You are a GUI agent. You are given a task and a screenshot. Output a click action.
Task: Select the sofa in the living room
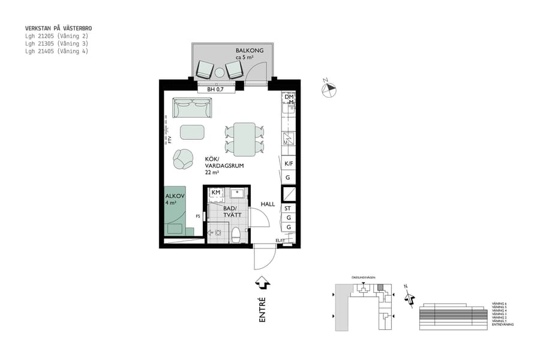point(192,108)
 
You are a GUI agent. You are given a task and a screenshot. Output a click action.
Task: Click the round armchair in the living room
point(183,159)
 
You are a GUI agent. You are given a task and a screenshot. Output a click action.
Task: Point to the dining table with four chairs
point(244,139)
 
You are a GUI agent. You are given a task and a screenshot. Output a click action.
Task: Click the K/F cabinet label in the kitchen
point(289,164)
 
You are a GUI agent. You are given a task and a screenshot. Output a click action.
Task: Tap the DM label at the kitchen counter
point(289,97)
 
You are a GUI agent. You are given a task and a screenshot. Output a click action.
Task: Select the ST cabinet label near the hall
point(288,208)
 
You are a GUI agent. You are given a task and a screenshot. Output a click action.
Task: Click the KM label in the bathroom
point(215,193)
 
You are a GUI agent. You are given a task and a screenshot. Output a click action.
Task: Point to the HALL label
point(267,204)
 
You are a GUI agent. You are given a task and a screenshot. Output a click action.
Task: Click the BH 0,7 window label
point(215,89)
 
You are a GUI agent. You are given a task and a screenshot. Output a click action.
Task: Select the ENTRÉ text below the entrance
point(262,311)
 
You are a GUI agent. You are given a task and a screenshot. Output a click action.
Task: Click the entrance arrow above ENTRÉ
point(262,283)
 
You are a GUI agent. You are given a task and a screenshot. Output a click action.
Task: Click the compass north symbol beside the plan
point(329,89)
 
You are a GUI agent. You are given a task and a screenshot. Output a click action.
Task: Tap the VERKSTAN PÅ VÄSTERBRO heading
point(58,28)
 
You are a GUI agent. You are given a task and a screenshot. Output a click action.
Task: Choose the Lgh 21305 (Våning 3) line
point(56,44)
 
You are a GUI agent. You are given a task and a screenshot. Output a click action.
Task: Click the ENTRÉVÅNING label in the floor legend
point(503,325)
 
